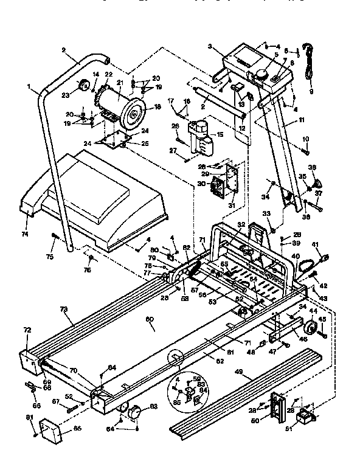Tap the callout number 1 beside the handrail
click(29, 87)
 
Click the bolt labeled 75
click(55, 239)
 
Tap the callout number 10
click(306, 139)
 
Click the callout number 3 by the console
click(210, 46)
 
